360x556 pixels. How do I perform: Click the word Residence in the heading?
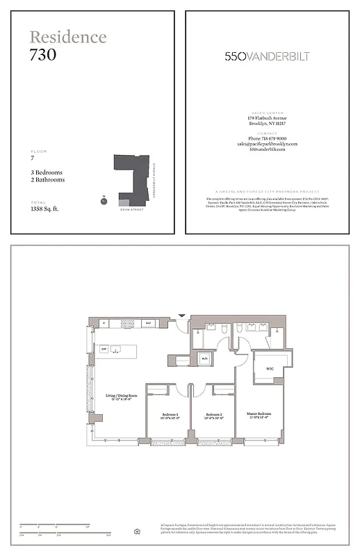click(x=68, y=38)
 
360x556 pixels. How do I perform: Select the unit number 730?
click(x=43, y=55)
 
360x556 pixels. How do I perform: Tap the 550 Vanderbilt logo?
click(x=267, y=56)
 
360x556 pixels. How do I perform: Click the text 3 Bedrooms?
click(x=47, y=172)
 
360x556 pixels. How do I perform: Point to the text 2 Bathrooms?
click(x=47, y=180)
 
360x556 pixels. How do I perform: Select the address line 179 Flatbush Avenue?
click(x=267, y=118)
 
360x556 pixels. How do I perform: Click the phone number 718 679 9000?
click(x=267, y=138)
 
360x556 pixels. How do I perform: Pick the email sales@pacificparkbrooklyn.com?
click(x=267, y=144)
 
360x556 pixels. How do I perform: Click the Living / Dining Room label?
click(x=121, y=397)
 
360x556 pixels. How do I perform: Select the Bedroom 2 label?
click(x=212, y=416)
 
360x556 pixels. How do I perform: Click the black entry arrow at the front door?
click(x=182, y=315)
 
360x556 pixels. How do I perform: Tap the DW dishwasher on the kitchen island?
click(x=104, y=349)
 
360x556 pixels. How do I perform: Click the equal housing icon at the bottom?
click(x=137, y=532)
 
